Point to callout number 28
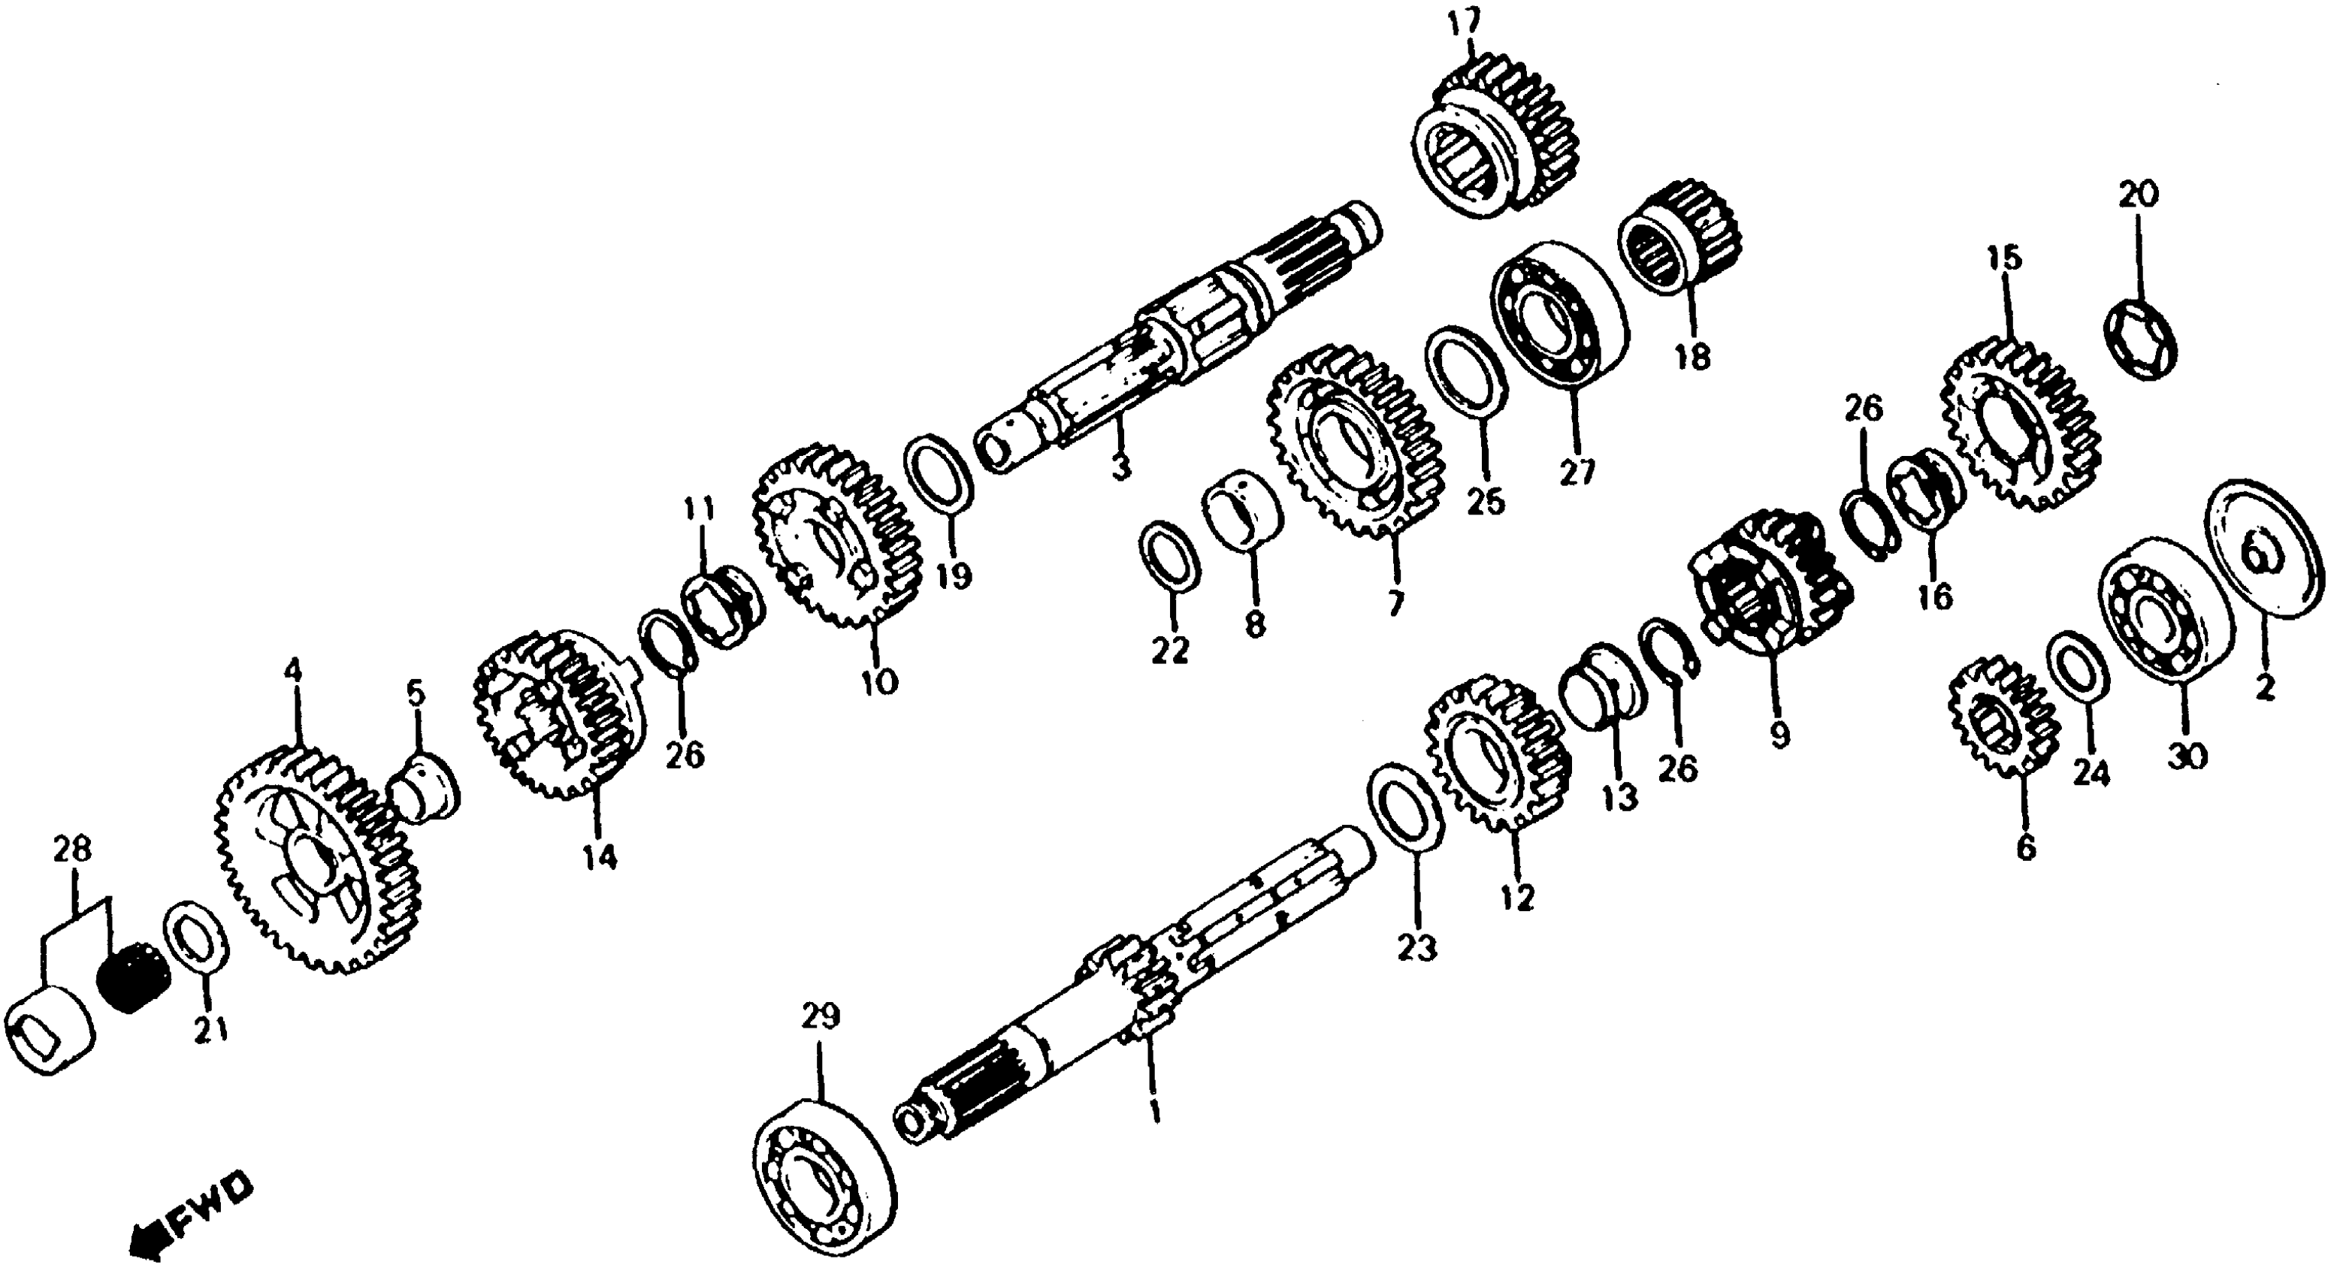point(73,850)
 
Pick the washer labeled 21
point(198,946)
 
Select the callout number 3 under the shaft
point(1120,468)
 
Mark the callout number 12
point(1517,897)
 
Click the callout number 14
point(600,856)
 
